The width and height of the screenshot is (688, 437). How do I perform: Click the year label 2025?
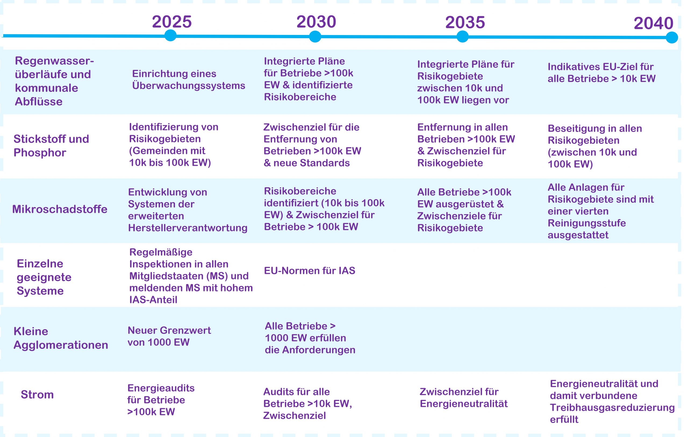point(172,22)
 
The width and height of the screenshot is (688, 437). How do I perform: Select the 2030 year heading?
point(316,22)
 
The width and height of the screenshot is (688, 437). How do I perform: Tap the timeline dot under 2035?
point(463,37)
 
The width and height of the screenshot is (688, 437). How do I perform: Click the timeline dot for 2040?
point(672,37)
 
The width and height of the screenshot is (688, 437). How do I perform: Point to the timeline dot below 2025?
point(171,35)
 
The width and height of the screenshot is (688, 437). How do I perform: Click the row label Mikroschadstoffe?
point(60,209)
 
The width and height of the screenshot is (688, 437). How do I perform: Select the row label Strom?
point(37,395)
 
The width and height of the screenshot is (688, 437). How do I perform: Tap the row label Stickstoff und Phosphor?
point(51,146)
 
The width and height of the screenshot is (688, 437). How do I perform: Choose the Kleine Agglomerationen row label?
point(61,338)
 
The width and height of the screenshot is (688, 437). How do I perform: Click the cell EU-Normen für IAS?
point(310,270)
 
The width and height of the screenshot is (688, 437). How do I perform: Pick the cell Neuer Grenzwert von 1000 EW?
point(169,336)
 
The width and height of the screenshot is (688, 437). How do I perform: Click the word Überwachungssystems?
point(189,86)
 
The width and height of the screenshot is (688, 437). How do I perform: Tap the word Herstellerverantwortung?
point(188,228)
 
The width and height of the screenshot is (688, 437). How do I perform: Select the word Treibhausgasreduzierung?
point(612,407)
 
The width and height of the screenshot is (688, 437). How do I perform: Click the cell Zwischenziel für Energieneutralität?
point(464,397)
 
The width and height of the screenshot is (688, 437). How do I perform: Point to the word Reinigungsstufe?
point(587,223)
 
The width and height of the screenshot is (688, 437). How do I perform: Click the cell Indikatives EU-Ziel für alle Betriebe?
point(602,73)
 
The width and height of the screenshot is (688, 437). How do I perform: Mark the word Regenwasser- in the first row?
point(54,61)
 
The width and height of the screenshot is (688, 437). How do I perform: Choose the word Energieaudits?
point(161,388)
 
